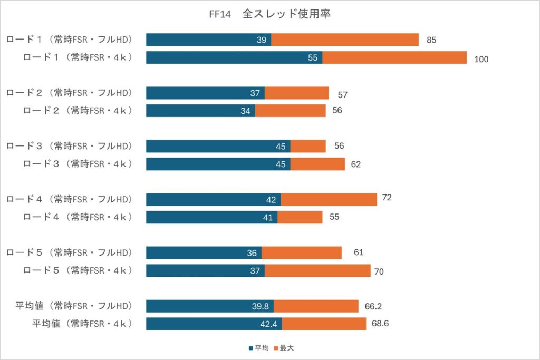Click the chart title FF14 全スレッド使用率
tap(269, 14)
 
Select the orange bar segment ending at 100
tap(394, 57)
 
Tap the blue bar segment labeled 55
tap(234, 57)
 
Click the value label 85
tap(431, 40)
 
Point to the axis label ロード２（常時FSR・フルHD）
tap(69, 93)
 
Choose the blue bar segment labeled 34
tap(200, 111)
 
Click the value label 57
tap(342, 95)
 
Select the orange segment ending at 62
tap(317, 164)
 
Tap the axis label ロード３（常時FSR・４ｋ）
tap(77, 164)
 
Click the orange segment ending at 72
tap(329, 199)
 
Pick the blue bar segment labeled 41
tap(211, 217)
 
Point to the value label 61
tap(359, 252)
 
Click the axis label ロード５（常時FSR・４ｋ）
tap(77, 270)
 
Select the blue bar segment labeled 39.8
tap(209, 306)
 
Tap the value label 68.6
tap(380, 324)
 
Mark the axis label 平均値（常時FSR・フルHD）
tap(73, 306)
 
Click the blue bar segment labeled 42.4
tap(214, 324)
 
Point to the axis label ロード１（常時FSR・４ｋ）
tap(77, 57)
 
